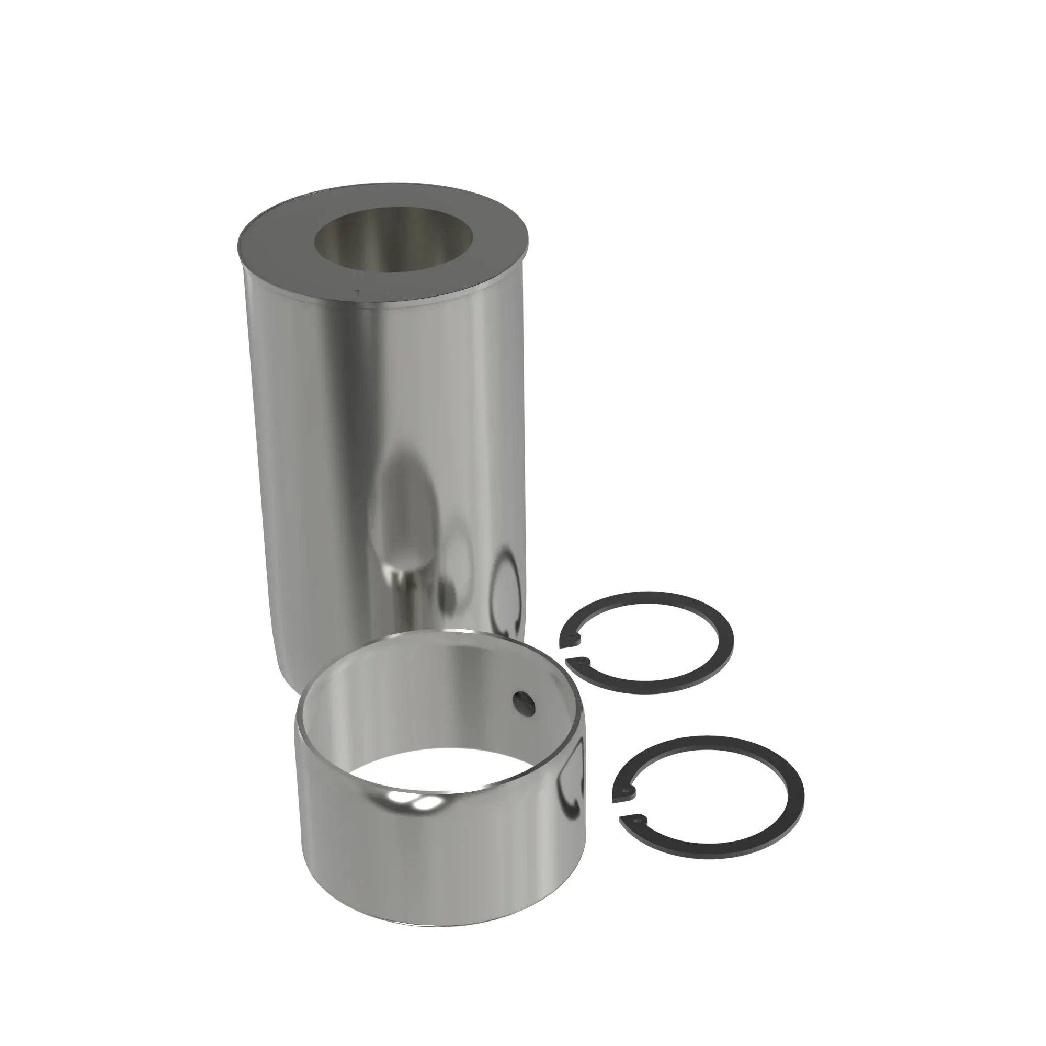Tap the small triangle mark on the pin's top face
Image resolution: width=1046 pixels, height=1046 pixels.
(356, 291)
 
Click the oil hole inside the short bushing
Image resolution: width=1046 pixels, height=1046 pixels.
(524, 703)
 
